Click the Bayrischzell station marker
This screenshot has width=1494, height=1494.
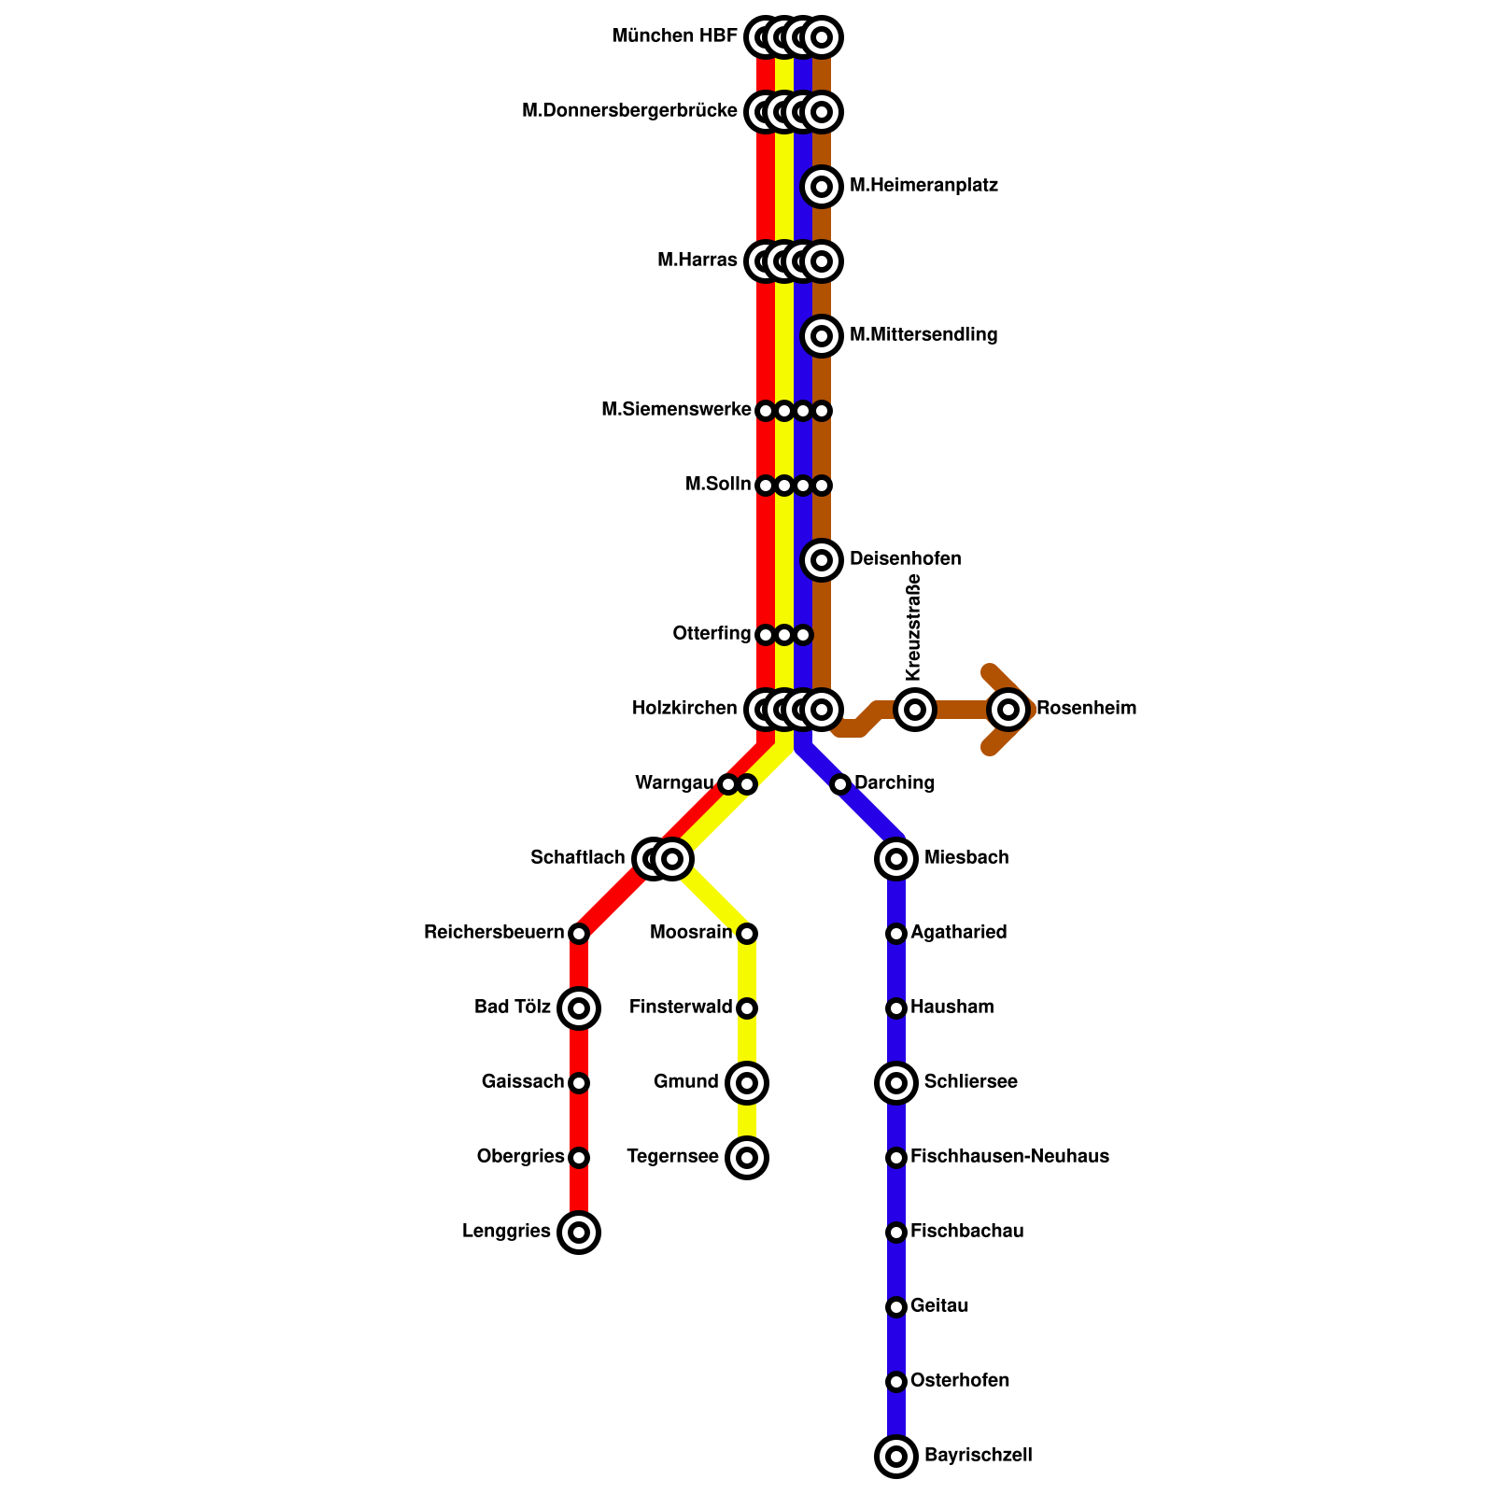tap(896, 1456)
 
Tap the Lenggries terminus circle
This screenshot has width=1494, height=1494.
tap(579, 1233)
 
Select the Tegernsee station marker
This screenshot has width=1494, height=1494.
tap(747, 1158)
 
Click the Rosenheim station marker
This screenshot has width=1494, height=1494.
tap(1008, 710)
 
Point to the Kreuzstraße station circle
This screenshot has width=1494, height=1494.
tap(915, 710)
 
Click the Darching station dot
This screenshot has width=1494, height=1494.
tap(840, 783)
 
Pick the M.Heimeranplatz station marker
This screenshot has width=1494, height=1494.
tap(822, 187)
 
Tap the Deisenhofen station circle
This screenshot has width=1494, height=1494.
tap(822, 560)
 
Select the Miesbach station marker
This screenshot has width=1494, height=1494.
tap(896, 858)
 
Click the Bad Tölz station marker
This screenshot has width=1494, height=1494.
tap(579, 1008)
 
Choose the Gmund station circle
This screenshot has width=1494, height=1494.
tap(747, 1083)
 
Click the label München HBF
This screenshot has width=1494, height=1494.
tap(674, 36)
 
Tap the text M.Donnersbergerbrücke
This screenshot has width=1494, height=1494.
tap(629, 111)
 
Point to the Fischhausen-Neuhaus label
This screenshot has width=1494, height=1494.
tap(1009, 1157)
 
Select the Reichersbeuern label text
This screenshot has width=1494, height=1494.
tap(494, 933)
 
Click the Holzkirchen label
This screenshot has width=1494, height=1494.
tap(684, 709)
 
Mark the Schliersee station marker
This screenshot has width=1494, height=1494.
tap(896, 1083)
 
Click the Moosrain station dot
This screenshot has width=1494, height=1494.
tap(747, 934)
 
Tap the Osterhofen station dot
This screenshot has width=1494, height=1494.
tap(896, 1381)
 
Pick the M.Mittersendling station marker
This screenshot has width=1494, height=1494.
tap(822, 336)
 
